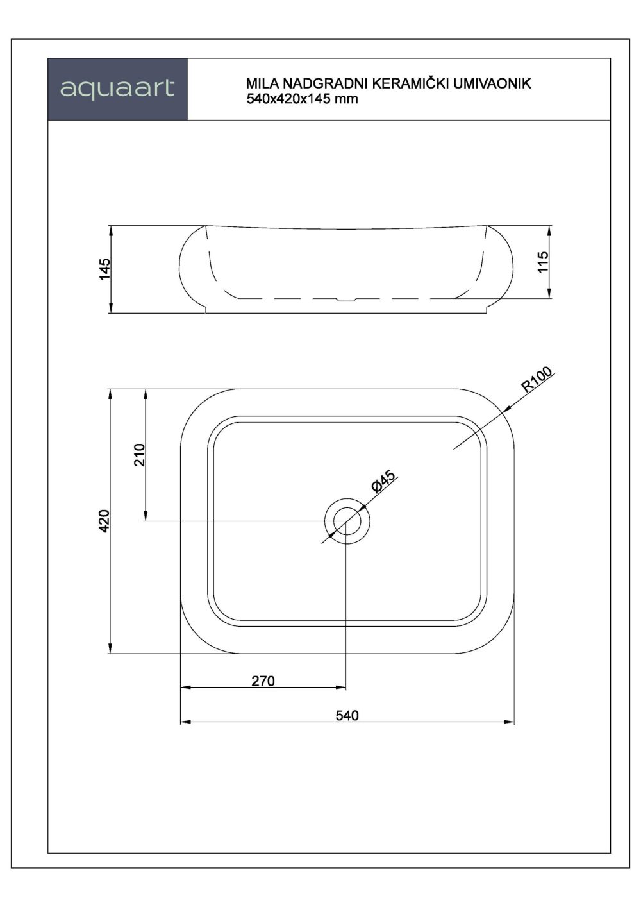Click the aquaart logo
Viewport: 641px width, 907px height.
(x=117, y=89)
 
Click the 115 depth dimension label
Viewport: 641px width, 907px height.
(x=544, y=262)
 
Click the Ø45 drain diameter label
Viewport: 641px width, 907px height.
(x=385, y=481)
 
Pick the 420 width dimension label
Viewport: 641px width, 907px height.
(x=106, y=521)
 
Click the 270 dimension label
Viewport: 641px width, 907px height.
(x=263, y=681)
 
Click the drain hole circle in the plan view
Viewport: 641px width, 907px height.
(x=347, y=520)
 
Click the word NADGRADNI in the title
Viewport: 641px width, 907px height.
(x=322, y=84)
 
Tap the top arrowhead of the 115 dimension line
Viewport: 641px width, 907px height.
(x=549, y=229)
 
